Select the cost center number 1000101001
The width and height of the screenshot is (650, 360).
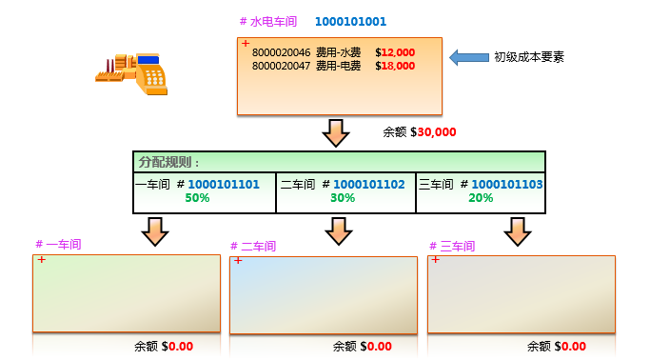350,21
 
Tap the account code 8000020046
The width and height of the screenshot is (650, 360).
281,52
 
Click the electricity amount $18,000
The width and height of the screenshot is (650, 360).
395,67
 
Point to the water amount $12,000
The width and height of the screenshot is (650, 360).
395,52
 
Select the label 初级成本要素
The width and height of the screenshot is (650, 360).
529,57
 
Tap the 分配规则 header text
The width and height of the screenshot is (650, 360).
163,162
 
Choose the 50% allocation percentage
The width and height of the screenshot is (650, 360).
197,198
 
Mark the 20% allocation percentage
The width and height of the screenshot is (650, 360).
481,198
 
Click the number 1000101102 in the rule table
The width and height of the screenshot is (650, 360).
369,184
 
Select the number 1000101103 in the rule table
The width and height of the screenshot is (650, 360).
507,184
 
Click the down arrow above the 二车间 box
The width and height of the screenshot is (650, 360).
338,230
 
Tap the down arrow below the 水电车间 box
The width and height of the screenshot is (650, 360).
337,133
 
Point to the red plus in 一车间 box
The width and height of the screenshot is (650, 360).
41,259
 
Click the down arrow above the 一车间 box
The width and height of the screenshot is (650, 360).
154,230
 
